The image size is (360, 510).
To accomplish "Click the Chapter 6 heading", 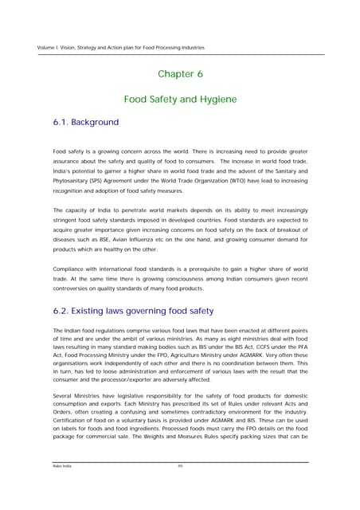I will click(180, 73).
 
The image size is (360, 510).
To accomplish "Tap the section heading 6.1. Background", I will click(85, 123).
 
